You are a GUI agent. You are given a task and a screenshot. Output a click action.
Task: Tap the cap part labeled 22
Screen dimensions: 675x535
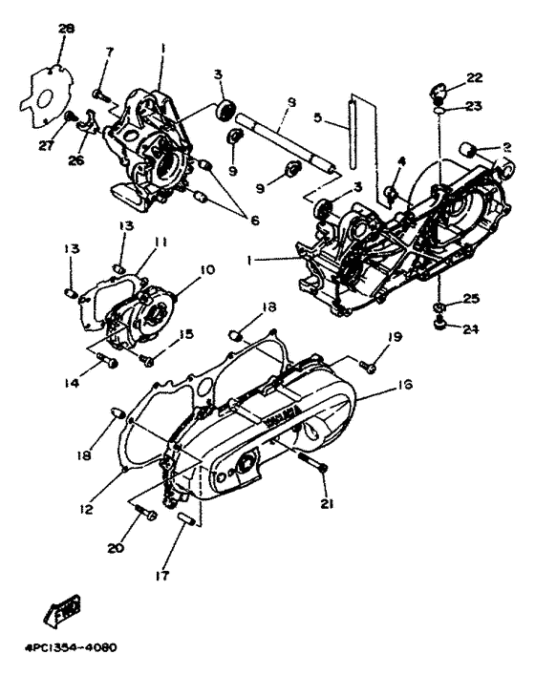[x=439, y=93]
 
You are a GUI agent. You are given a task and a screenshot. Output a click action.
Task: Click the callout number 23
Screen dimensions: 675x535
[x=475, y=108]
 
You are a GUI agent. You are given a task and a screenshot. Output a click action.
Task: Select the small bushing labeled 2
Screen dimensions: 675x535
[x=469, y=149]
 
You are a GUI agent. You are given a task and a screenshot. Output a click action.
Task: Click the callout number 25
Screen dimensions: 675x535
[x=469, y=299]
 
